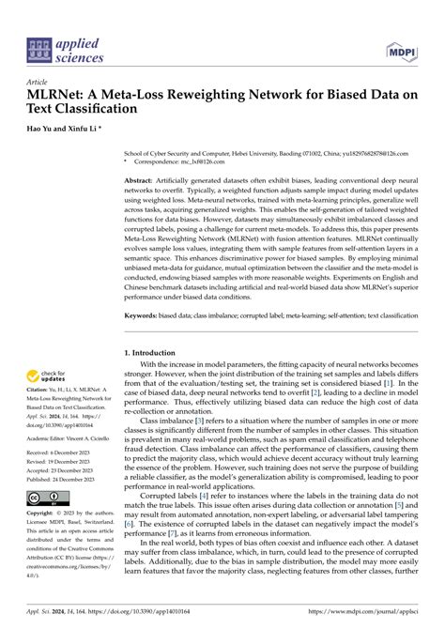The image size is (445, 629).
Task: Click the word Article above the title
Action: [x=39, y=82]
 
